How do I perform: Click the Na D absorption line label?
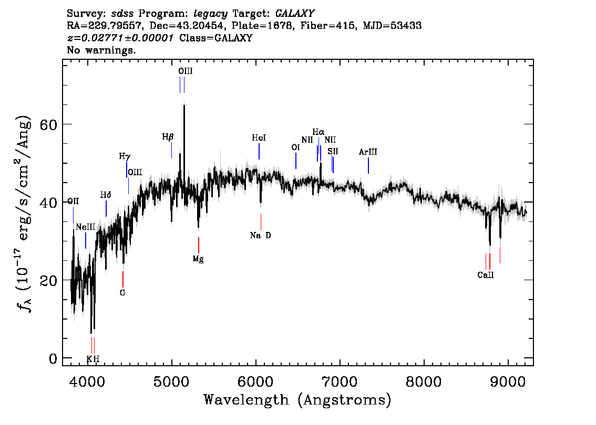click(261, 236)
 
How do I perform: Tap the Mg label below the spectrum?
click(198, 259)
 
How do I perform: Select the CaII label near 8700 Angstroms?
click(486, 275)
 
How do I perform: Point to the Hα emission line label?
click(318, 132)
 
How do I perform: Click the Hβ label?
click(168, 137)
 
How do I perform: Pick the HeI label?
click(259, 138)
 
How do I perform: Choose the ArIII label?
click(368, 152)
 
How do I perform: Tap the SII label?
click(333, 151)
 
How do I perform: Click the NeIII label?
click(86, 227)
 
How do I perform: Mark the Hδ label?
click(106, 195)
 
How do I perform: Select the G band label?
click(122, 293)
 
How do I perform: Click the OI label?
click(295, 148)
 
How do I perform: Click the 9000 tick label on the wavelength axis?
click(508, 380)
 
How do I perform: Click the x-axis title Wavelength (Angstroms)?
click(297, 400)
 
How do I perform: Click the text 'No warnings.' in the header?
click(101, 50)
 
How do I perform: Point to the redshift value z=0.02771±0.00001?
click(120, 38)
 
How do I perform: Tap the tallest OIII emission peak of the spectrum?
click(184, 106)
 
